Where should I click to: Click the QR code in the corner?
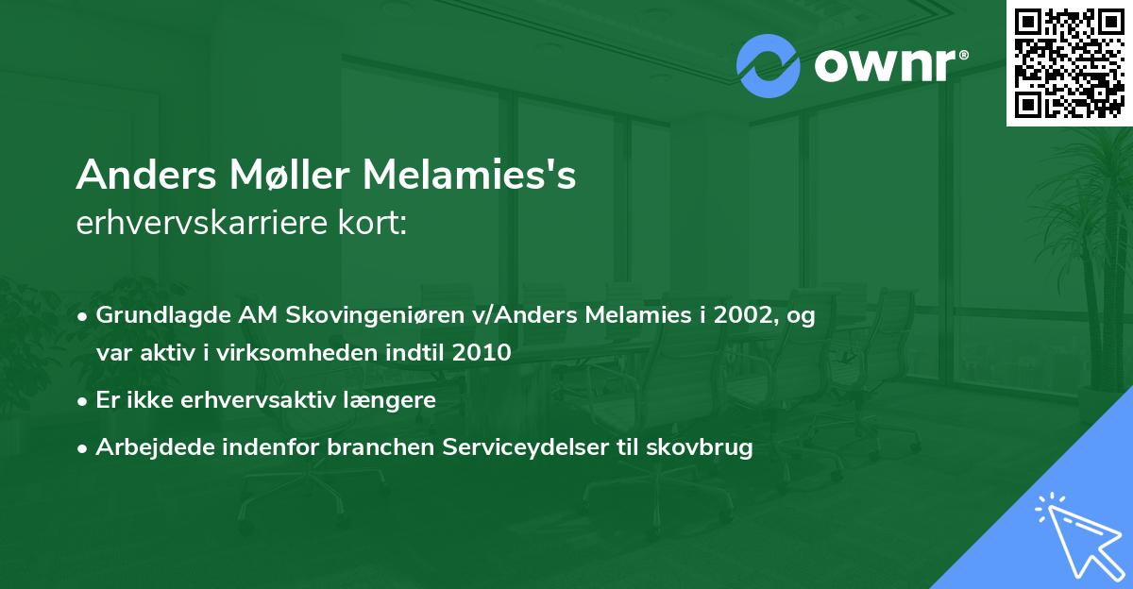[x=1070, y=62]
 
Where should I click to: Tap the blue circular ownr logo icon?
[x=768, y=65]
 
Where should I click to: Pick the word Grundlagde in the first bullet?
[x=152, y=316]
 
